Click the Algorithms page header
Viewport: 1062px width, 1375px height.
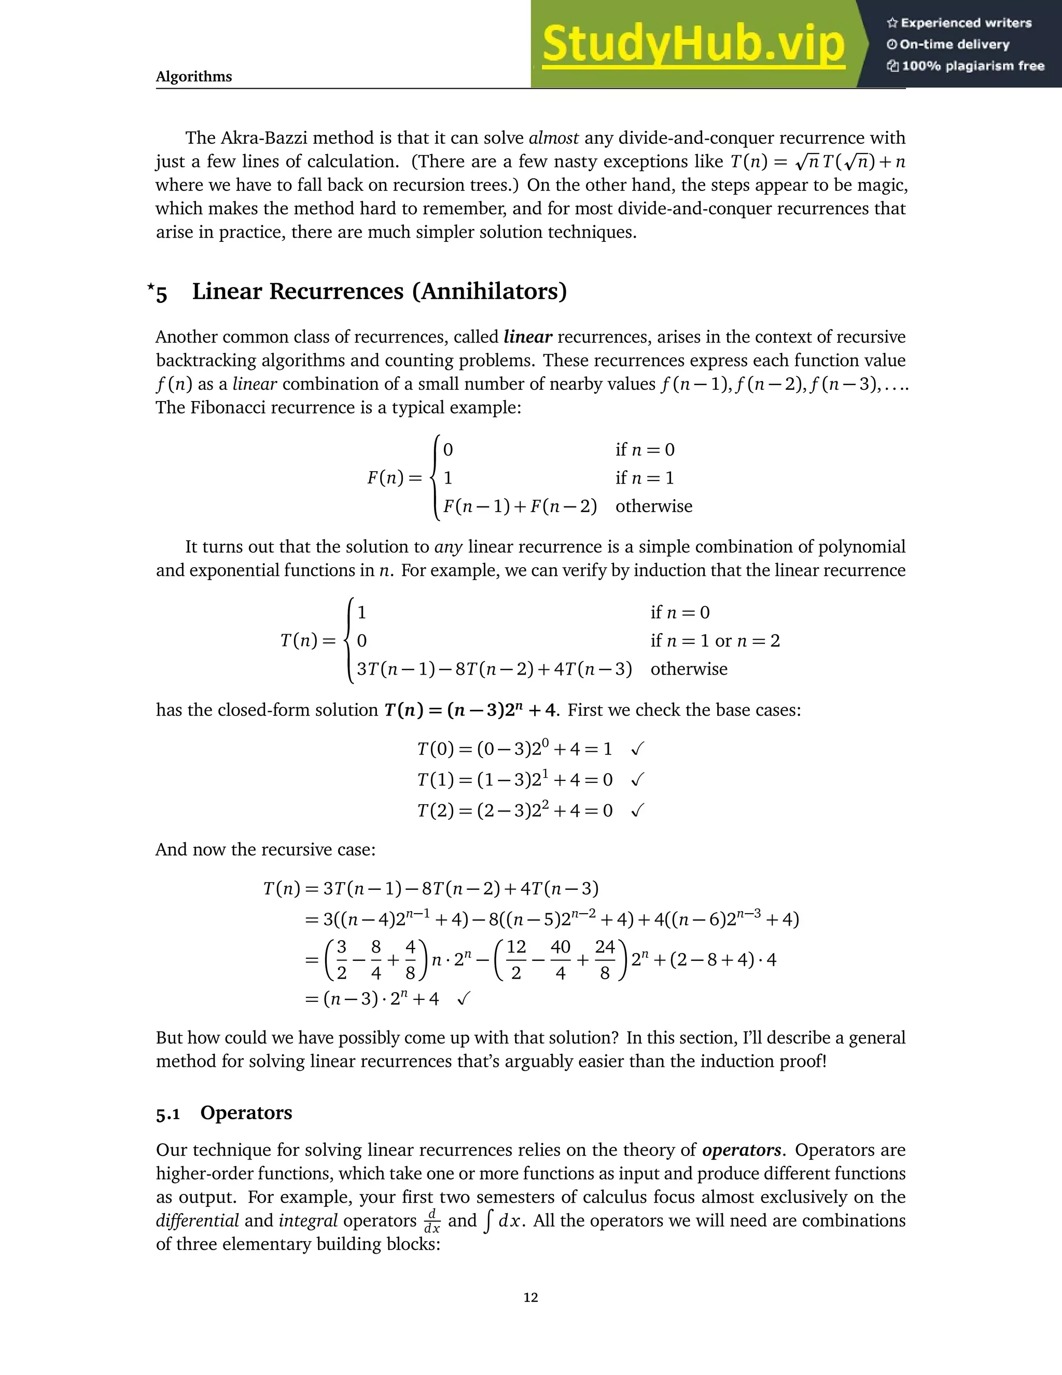[x=194, y=77]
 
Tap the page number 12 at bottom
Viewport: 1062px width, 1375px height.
[x=530, y=1297]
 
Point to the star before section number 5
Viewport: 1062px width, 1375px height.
[x=150, y=287]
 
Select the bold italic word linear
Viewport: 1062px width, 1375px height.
[x=527, y=337]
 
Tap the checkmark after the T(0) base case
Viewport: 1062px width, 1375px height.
[x=637, y=749]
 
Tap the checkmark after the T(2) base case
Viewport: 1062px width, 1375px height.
[x=637, y=810]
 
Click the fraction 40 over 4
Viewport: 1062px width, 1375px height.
[x=560, y=959]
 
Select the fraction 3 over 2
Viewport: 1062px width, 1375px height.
[x=342, y=959]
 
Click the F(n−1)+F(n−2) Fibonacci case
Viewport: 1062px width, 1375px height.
[x=520, y=506]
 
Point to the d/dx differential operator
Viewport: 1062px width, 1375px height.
[x=431, y=1221]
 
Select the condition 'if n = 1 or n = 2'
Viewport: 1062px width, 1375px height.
[x=715, y=641]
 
